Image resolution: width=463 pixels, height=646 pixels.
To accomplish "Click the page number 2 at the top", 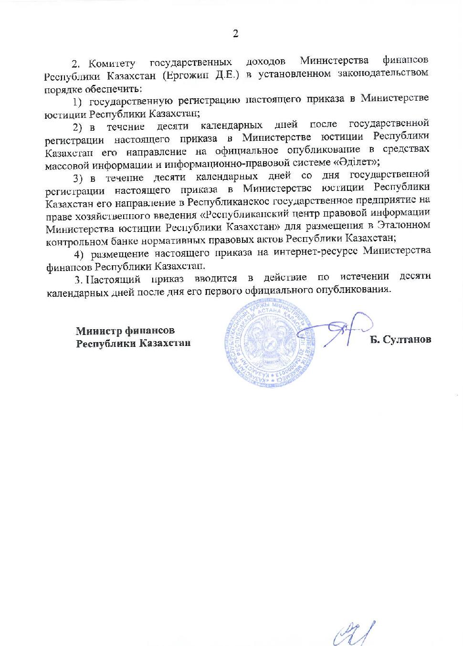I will click(235, 33).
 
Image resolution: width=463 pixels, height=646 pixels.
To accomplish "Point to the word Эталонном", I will click(405, 225).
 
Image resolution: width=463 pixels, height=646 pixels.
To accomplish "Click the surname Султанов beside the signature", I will click(407, 339).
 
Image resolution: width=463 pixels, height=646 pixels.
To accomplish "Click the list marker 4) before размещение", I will click(84, 253).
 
